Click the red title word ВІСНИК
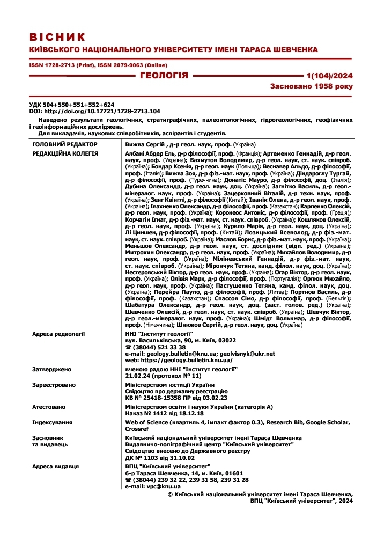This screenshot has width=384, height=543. pos(57,37)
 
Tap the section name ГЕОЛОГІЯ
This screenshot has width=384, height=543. pos(164,75)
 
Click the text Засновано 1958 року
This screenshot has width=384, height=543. pos(315,86)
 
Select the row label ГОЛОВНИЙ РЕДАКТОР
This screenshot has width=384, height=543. pos(65,145)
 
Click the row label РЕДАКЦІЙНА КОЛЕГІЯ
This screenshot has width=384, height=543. pos(65,153)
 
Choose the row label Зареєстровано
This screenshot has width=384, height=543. pos(54,385)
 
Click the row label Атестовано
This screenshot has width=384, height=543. pos(49,407)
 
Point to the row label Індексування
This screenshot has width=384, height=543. pos(52,423)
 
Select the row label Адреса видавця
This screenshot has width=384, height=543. pos(55,466)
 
